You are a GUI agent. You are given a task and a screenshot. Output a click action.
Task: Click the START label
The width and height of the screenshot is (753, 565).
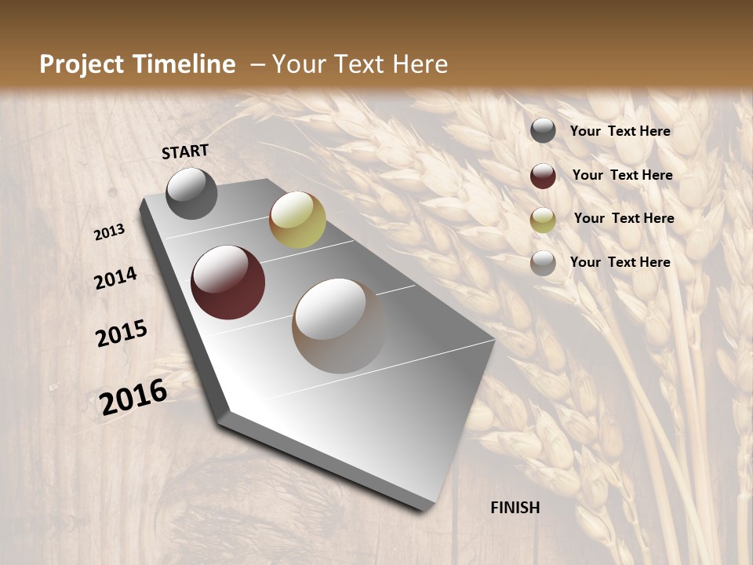(x=185, y=151)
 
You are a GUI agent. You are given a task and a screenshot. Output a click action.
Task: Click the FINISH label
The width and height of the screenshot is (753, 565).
(x=515, y=508)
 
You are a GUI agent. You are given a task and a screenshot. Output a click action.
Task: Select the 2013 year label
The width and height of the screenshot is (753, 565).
(x=109, y=232)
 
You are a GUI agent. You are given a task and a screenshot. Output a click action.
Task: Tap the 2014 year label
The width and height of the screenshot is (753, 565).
(x=115, y=279)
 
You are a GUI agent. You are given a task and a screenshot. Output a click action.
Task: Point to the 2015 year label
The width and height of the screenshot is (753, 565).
(x=122, y=334)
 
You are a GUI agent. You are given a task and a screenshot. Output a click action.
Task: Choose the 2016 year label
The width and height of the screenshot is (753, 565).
(x=133, y=397)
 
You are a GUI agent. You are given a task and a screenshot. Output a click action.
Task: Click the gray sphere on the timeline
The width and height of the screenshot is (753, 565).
(x=192, y=193)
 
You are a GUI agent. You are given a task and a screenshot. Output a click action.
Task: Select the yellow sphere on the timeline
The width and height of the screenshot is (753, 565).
(x=297, y=220)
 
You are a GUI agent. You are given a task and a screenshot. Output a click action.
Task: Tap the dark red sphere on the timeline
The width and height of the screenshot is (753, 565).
(x=227, y=282)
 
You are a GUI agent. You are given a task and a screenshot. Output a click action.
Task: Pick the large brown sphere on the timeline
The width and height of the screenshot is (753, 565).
(x=339, y=325)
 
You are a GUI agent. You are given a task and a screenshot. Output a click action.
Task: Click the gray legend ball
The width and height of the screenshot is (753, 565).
(x=543, y=130)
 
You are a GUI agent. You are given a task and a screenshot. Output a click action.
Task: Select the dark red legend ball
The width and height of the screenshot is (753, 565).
(x=543, y=176)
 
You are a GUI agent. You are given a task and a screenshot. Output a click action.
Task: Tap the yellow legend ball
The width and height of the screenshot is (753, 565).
(x=543, y=220)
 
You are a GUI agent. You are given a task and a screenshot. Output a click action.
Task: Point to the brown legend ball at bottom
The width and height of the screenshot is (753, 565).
(x=543, y=263)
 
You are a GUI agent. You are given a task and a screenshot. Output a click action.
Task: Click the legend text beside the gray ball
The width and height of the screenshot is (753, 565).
(x=620, y=131)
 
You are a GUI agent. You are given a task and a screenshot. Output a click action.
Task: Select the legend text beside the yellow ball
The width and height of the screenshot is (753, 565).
(x=624, y=218)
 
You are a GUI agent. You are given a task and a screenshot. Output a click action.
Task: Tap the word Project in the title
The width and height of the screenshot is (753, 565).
(x=81, y=64)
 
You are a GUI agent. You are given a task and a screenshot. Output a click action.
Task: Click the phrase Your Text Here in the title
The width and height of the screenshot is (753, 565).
(x=360, y=64)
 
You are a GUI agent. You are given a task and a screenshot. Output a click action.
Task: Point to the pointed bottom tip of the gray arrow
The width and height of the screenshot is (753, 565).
(x=424, y=508)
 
